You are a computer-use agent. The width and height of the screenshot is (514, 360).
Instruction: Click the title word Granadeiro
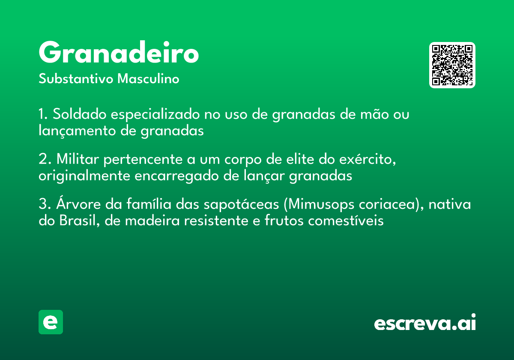(119, 52)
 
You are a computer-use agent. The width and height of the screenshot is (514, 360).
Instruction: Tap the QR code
(452, 65)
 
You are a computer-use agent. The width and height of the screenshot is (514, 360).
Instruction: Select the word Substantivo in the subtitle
(76, 78)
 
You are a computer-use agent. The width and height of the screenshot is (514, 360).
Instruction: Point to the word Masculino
(148, 78)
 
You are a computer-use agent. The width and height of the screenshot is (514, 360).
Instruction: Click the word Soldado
(80, 114)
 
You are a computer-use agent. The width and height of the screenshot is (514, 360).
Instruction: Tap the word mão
(374, 114)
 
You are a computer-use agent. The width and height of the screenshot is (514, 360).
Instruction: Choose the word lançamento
(78, 131)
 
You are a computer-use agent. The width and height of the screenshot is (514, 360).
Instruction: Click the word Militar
(78, 159)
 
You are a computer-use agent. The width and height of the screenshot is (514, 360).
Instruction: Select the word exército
(368, 159)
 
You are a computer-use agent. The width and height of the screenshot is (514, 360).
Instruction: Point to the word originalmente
(84, 176)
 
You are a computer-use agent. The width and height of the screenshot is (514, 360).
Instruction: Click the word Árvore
(78, 203)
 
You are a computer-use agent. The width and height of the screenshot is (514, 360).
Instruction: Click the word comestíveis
(346, 221)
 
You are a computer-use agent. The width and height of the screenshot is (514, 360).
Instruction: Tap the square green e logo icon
(51, 322)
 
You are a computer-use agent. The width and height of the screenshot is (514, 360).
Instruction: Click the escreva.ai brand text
(425, 322)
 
